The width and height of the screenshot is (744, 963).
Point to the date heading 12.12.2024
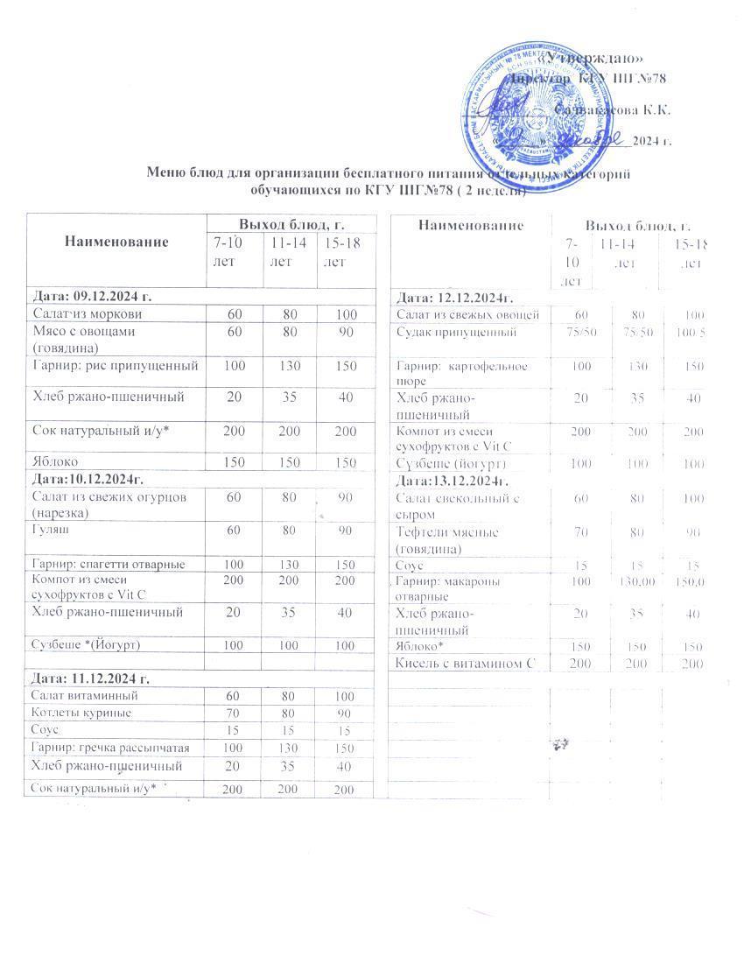pyautogui.click(x=455, y=299)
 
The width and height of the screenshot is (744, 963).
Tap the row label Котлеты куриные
pyautogui.click(x=81, y=713)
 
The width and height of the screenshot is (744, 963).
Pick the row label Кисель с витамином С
pyautogui.click(x=465, y=664)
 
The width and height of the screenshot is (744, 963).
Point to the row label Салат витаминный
pyautogui.click(x=83, y=696)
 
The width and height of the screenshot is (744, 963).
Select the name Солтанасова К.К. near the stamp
pyautogui.click(x=614, y=110)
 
